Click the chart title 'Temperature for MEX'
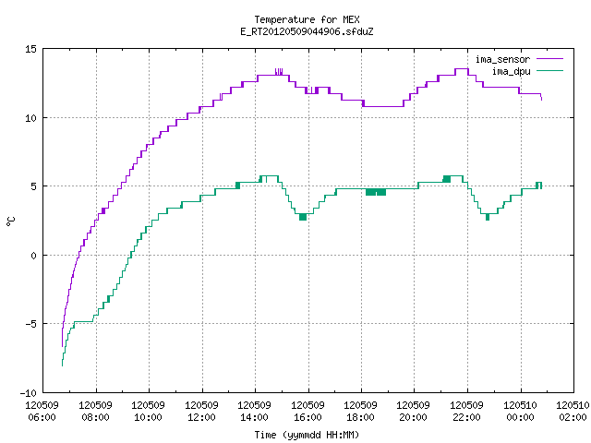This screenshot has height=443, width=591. tap(307, 19)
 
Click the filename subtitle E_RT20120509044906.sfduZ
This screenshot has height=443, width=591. tap(307, 31)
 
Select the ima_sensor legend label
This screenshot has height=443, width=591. tap(502, 59)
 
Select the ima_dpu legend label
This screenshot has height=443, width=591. tap(511, 71)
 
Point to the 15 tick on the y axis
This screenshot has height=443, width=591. tap(30, 49)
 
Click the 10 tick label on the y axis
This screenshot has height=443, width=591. tap(30, 118)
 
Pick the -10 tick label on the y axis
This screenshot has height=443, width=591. tap(29, 393)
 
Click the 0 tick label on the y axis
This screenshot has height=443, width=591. tap(33, 256)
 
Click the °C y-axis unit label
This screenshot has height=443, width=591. tap(10, 221)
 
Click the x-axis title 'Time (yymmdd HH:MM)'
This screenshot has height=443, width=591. tap(307, 435)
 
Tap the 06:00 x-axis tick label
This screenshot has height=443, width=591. tap(42, 417)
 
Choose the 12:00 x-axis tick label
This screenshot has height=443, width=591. tap(201, 417)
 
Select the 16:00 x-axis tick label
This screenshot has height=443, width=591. tap(308, 417)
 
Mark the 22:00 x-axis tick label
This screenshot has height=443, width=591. tap(466, 417)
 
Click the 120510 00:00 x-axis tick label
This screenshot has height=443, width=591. tap(520, 411)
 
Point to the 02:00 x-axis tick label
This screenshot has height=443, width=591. tap(573, 417)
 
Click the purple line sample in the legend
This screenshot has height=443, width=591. tap(550, 59)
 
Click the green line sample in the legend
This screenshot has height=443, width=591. tap(550, 70)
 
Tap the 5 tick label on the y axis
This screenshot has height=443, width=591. tap(33, 186)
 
